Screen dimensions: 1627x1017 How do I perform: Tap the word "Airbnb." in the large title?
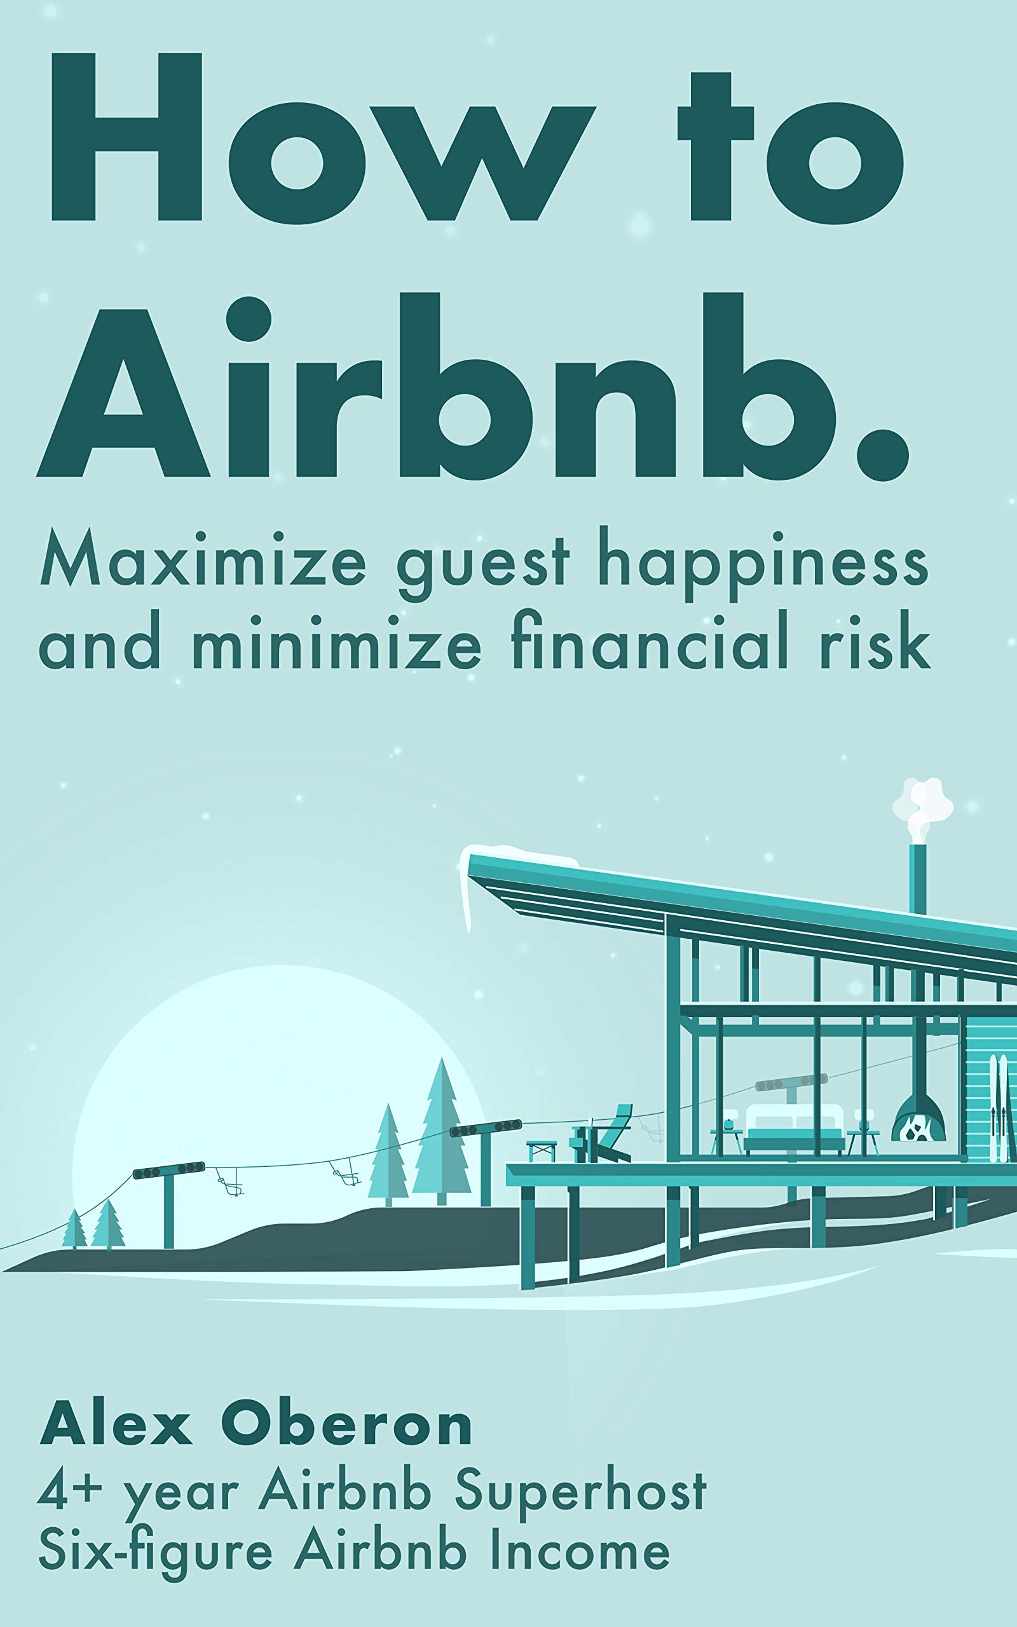pyautogui.click(x=471, y=390)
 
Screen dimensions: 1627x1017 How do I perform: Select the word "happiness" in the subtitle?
pyautogui.click(x=763, y=565)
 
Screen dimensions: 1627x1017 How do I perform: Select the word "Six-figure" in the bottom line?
pyautogui.click(x=154, y=1554)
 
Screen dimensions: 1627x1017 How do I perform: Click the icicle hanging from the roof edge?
pyautogui.click(x=465, y=894)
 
